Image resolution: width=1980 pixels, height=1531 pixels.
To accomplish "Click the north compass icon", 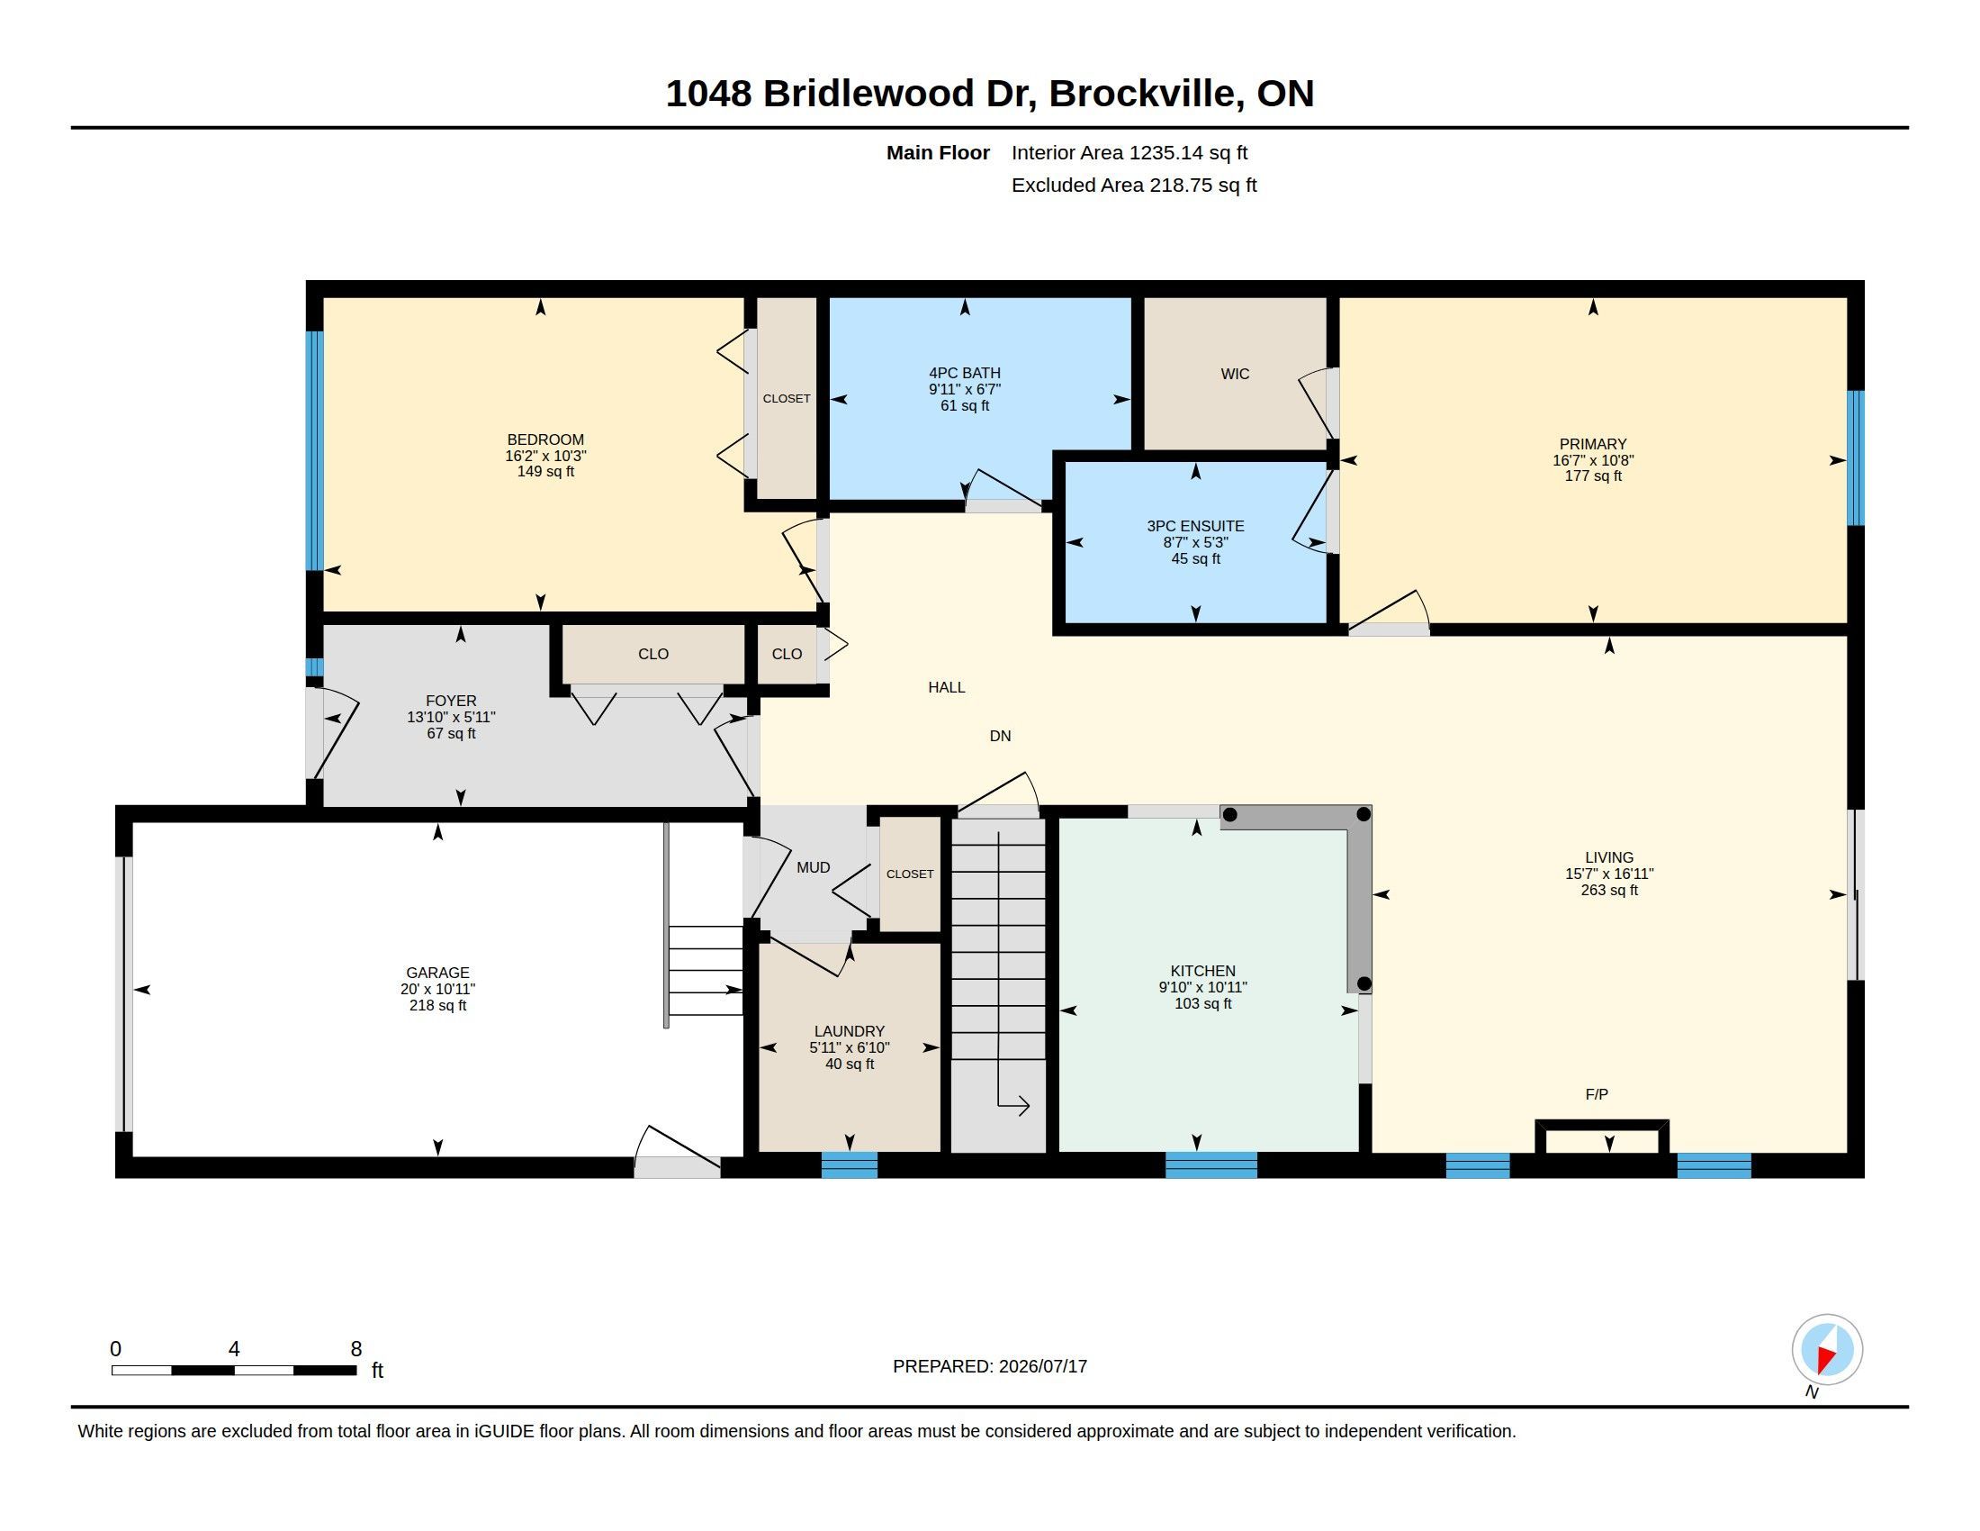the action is [1827, 1350].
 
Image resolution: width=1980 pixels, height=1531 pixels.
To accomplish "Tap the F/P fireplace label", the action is [1597, 1095].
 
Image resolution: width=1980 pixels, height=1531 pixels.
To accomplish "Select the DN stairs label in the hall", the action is [1000, 736].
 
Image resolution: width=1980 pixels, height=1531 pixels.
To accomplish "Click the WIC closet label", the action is [1235, 374].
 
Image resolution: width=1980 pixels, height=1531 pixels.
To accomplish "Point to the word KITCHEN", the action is [1203, 971].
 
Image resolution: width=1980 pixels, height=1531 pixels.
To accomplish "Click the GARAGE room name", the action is [438, 973].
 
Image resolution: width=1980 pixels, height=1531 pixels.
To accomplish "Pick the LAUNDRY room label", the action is [850, 1031].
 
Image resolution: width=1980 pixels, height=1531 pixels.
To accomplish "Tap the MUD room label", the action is [814, 867].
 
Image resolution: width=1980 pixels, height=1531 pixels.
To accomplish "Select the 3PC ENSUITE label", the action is [1196, 526].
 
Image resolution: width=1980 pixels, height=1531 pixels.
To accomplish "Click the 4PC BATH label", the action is [965, 373].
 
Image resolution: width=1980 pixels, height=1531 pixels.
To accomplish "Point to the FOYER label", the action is [452, 700].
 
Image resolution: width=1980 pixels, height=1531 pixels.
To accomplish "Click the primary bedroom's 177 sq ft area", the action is [1593, 476].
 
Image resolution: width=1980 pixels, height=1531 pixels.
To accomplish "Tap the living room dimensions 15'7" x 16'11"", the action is [1609, 874].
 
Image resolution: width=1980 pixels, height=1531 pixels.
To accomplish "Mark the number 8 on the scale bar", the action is [356, 1349].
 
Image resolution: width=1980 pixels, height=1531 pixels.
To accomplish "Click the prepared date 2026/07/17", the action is [1042, 1366].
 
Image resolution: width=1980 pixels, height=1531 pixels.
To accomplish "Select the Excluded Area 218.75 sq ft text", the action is [1134, 185].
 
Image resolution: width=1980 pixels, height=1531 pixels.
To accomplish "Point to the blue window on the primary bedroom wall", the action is [1856, 458].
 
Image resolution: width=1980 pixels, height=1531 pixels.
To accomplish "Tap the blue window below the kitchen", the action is [1210, 1164].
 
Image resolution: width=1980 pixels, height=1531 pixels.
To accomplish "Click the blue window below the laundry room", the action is [850, 1164].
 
